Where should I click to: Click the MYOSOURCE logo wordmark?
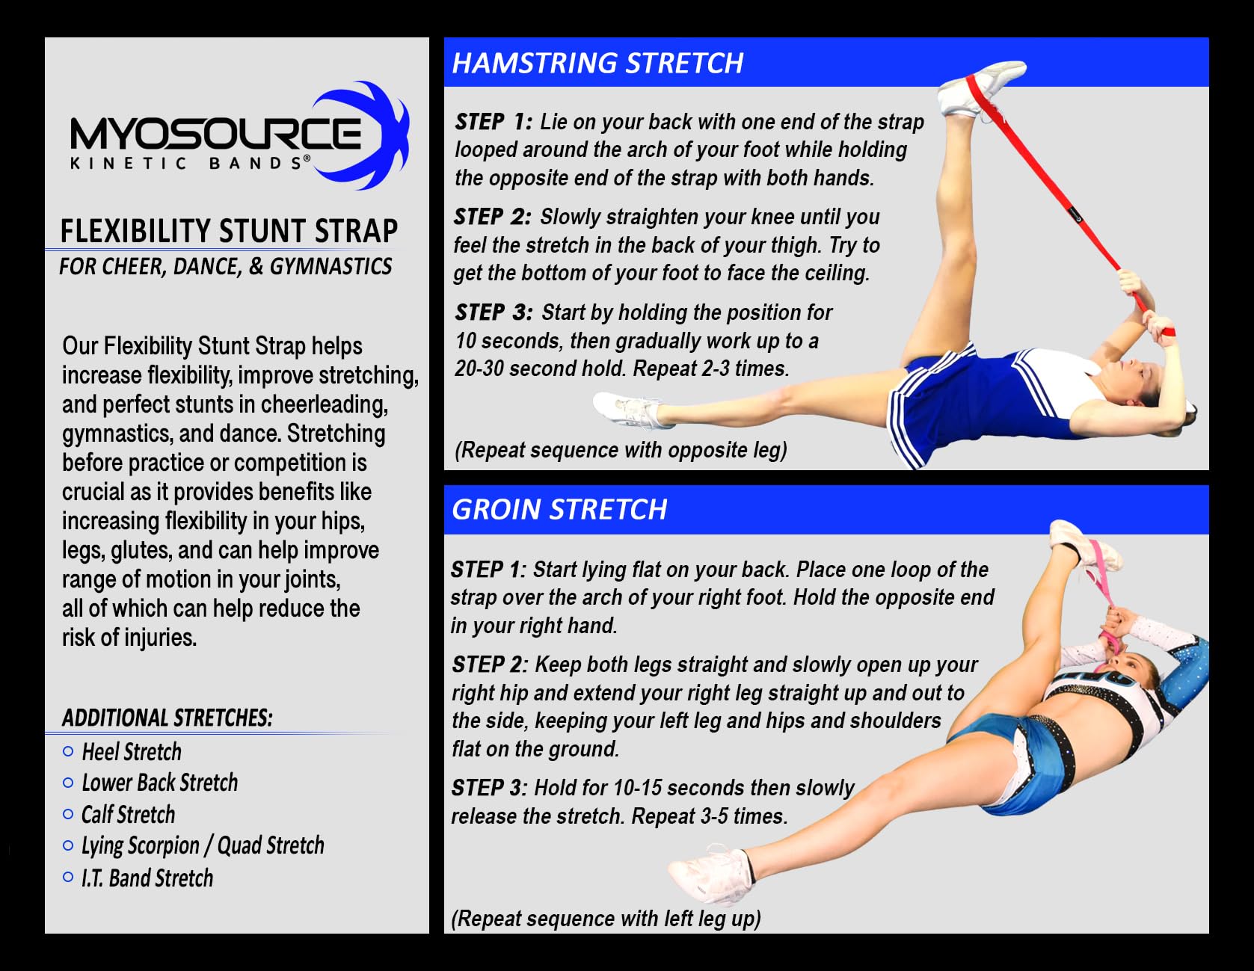215,134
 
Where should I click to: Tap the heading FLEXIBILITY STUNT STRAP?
229,231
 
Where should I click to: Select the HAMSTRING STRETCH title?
597,63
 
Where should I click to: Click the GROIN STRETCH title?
559,509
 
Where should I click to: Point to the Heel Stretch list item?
132,751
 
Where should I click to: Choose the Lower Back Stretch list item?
159,783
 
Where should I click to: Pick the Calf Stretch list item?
128,814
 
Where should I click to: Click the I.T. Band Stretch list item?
147,878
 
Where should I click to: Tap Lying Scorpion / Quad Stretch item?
203,845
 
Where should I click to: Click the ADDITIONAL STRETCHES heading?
167,718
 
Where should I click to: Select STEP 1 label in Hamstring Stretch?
494,122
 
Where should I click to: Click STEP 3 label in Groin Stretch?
489,788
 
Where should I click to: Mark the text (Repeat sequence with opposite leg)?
621,450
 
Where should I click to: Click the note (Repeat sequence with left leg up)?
606,919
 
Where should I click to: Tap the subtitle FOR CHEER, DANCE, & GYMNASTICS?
226,267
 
